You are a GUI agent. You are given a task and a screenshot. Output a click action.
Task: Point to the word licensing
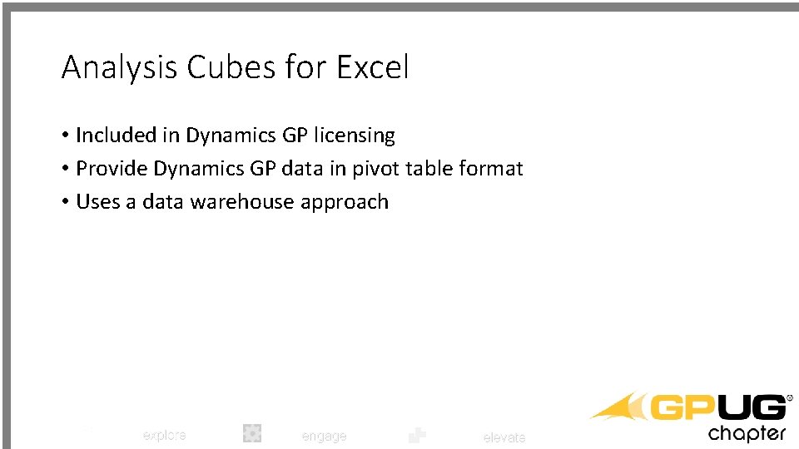(350, 136)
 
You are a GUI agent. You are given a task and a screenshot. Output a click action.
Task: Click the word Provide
(112, 169)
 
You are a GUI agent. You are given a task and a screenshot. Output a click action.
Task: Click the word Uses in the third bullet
(98, 202)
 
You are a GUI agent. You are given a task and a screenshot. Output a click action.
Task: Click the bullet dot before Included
(65, 136)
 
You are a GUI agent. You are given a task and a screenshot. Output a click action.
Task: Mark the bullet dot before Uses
(65, 202)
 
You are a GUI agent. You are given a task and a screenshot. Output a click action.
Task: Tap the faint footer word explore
(164, 435)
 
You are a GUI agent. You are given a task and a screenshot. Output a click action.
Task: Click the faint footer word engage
(323, 436)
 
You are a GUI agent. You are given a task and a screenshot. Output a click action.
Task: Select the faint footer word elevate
(504, 437)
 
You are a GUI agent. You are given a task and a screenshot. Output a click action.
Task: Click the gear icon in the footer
(252, 432)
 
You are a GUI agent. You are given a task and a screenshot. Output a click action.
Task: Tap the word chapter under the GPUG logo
(747, 433)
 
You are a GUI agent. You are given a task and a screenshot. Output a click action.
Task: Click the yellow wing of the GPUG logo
(620, 407)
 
